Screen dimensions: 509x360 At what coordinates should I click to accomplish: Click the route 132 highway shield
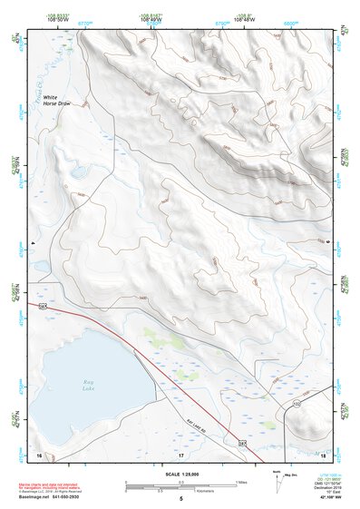pos(296,402)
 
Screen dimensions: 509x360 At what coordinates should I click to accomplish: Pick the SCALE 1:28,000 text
pos(180,475)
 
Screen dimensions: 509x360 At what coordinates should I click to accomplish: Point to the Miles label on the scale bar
pos(241,481)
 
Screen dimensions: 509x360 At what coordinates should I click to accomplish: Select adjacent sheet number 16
pos(39,453)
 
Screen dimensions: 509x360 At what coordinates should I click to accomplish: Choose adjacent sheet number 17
pos(180,453)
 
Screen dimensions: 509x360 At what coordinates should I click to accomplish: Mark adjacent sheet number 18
pos(323,453)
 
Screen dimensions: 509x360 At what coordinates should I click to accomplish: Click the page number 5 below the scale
pos(181,500)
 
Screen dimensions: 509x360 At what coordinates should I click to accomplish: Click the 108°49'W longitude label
pos(151,20)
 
